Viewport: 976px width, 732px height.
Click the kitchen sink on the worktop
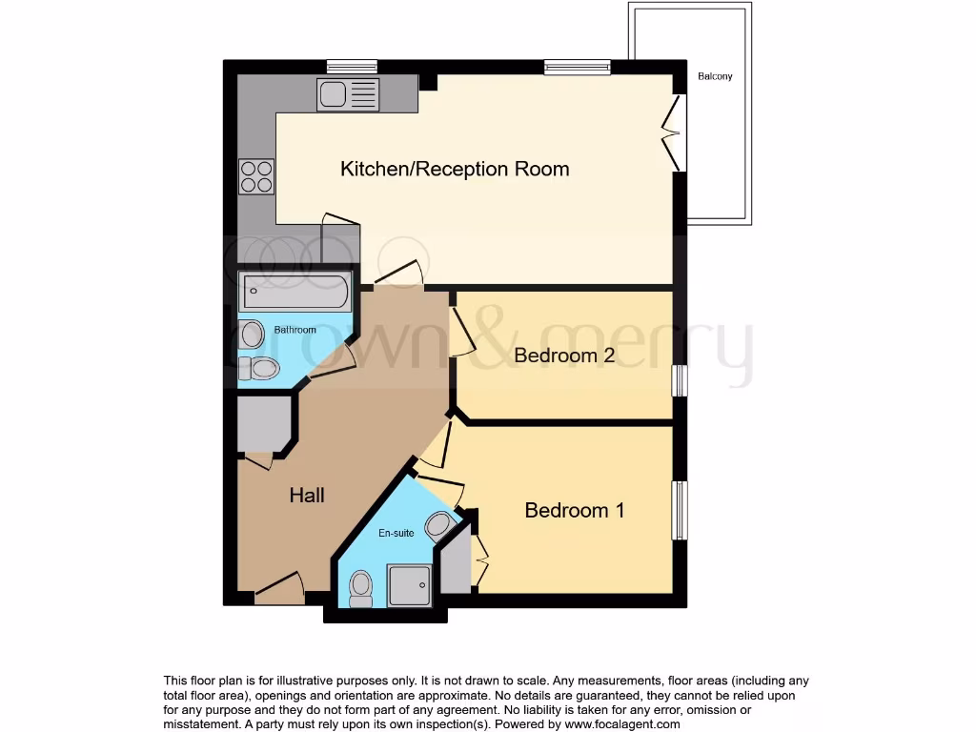tap(348, 94)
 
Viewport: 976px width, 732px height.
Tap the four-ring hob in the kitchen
tap(256, 176)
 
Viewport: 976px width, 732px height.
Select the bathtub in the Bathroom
tap(295, 292)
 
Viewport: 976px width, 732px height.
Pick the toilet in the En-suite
tap(361, 587)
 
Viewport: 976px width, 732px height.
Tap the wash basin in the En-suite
tap(439, 525)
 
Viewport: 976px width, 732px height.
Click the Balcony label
tap(715, 76)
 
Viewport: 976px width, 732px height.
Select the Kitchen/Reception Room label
tap(455, 169)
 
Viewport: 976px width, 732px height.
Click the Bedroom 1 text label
tap(574, 510)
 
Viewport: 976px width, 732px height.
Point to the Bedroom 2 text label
tap(562, 356)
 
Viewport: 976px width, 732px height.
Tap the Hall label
tap(307, 495)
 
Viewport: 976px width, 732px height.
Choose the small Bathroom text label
tap(295, 330)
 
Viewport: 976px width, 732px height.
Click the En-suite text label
tap(397, 533)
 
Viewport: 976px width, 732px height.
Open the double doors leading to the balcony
tap(675, 132)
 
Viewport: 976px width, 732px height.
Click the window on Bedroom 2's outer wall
tap(680, 380)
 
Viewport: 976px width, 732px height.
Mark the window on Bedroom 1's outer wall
tap(680, 510)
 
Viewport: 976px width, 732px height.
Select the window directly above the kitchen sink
tap(352, 67)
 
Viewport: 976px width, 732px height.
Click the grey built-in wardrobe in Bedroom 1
tap(456, 563)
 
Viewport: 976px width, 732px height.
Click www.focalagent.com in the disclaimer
tap(622, 723)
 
